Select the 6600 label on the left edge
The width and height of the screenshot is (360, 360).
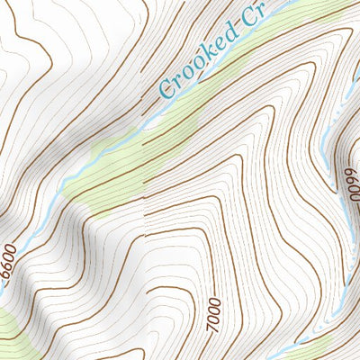(x=10, y=261)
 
